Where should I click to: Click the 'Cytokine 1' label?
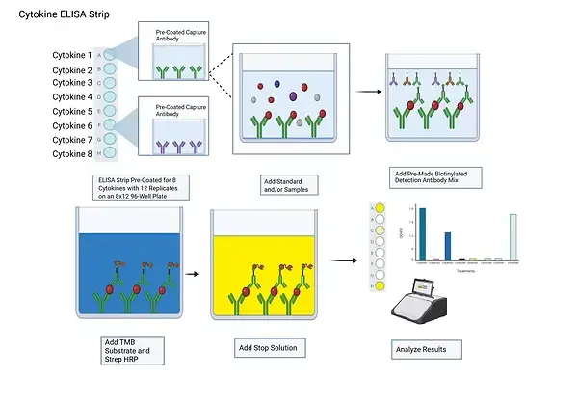(x=72, y=56)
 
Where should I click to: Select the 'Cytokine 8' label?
(x=72, y=153)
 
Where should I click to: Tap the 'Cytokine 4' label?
(x=72, y=97)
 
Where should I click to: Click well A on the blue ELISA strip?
(x=110, y=56)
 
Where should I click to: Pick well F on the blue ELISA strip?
(x=110, y=125)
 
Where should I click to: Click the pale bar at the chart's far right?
(x=512, y=237)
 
